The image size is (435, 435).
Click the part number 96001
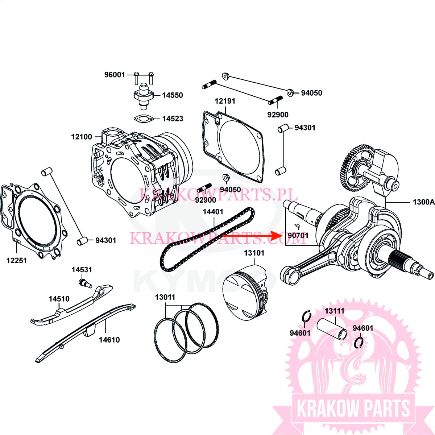coord(115,75)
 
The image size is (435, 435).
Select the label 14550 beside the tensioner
coord(172,95)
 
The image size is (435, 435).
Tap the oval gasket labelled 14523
coord(143,119)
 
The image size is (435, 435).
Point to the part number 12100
coord(82,137)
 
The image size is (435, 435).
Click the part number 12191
coord(225,101)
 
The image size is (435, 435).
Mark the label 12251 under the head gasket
coord(17,260)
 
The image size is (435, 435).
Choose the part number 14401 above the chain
coord(213,212)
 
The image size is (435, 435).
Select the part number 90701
coord(298,236)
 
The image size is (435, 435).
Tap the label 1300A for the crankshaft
coord(423,202)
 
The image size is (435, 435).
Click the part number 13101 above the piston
coord(254,253)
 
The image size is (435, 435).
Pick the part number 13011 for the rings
coord(165,297)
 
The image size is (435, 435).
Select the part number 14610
coord(109,340)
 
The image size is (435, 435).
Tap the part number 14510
coord(59,299)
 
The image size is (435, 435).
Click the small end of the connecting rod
coord(290,274)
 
